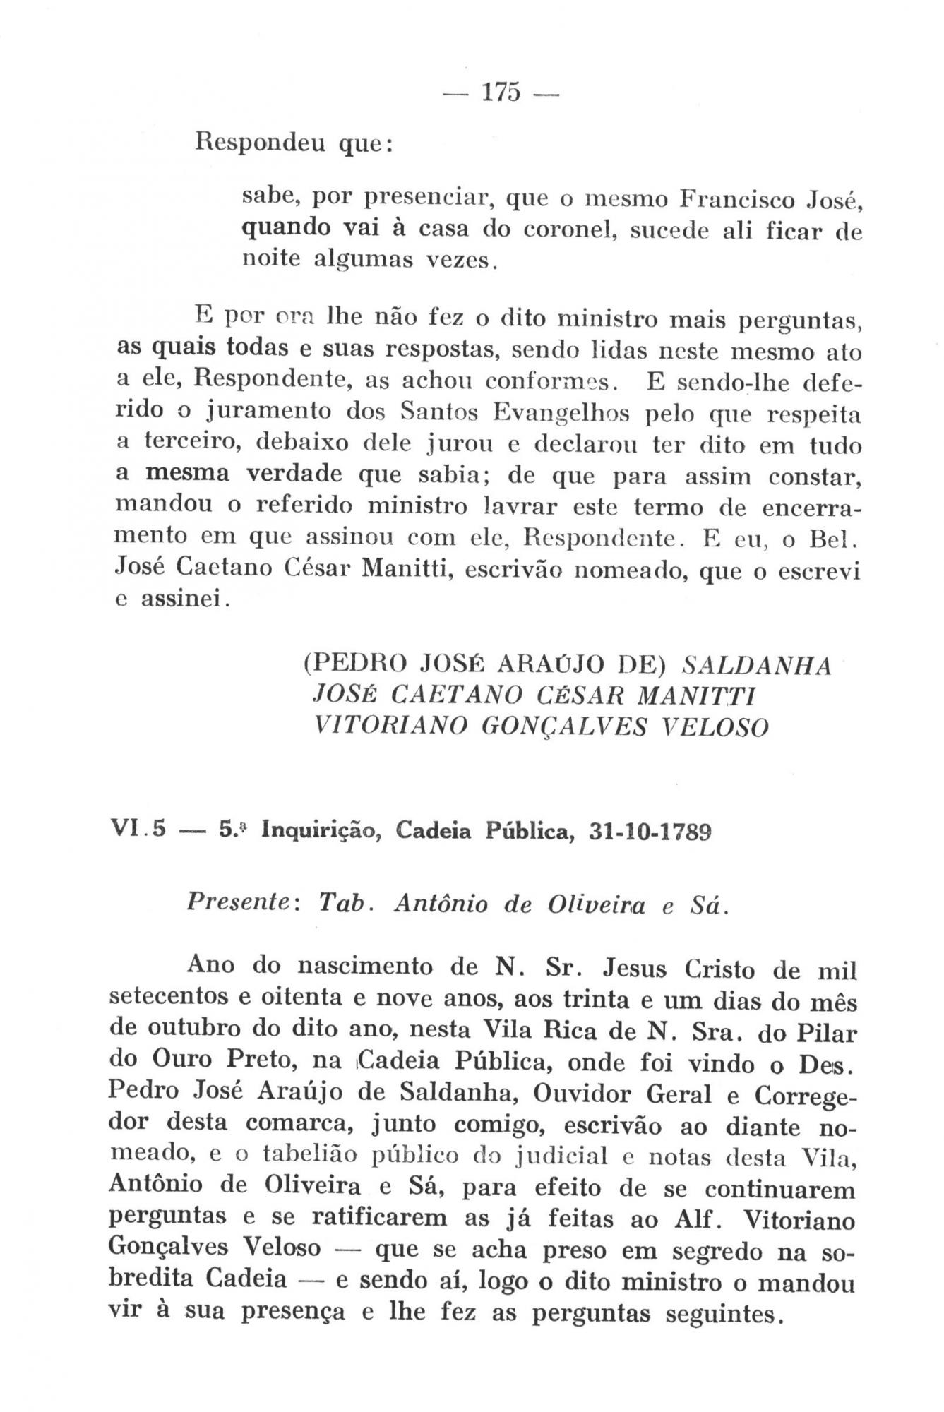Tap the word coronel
coord(559,230)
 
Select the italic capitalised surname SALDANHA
coord(758,665)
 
